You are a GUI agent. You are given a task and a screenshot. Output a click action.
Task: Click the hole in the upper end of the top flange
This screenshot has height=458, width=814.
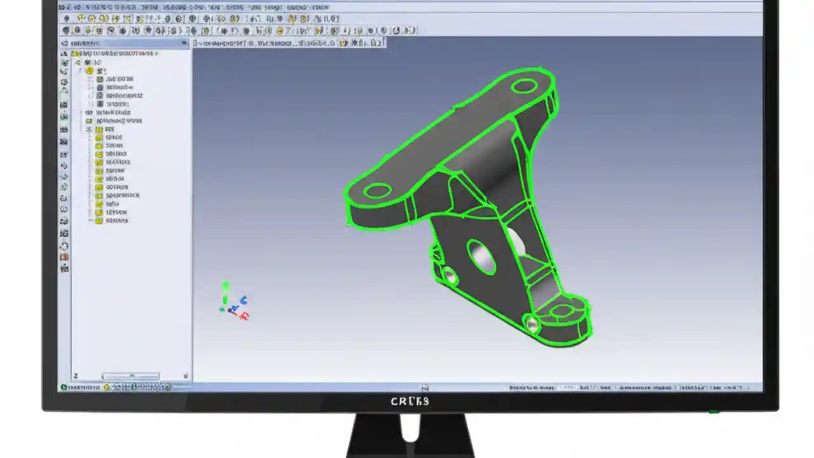point(524,86)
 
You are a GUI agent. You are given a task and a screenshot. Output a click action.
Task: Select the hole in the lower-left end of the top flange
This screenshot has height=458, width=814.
point(378,190)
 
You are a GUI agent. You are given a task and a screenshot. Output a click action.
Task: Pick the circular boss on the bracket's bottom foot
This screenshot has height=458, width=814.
point(562,312)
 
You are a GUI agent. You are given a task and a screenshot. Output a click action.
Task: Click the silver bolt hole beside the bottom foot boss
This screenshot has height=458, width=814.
point(532,324)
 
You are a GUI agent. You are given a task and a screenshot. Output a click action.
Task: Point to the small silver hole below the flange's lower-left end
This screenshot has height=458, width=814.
point(450,275)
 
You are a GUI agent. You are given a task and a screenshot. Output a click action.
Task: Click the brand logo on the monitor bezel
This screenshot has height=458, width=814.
point(410,401)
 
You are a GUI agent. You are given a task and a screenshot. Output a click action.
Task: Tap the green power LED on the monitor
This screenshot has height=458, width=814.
point(714,412)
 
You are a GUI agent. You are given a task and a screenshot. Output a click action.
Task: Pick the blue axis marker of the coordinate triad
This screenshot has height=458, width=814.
point(244,300)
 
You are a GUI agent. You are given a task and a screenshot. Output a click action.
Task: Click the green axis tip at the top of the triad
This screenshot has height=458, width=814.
point(225,286)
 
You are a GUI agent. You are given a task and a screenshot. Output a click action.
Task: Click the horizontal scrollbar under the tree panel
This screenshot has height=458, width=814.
point(130,376)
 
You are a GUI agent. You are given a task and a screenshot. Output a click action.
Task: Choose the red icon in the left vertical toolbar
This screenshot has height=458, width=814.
point(64,257)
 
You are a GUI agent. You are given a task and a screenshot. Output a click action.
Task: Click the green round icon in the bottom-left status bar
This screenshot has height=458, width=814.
point(64,387)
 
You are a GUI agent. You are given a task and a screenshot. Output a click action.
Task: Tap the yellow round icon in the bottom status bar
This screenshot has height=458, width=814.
point(106,387)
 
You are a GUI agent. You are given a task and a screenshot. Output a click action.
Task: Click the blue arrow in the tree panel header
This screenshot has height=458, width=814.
point(185,43)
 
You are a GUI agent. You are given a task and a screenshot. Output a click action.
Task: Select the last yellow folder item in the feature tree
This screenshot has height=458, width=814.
point(99,221)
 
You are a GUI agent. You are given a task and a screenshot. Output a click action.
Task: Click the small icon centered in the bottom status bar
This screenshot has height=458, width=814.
point(425,387)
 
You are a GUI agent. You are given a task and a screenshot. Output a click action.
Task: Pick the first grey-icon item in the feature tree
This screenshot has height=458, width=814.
point(100,79)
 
